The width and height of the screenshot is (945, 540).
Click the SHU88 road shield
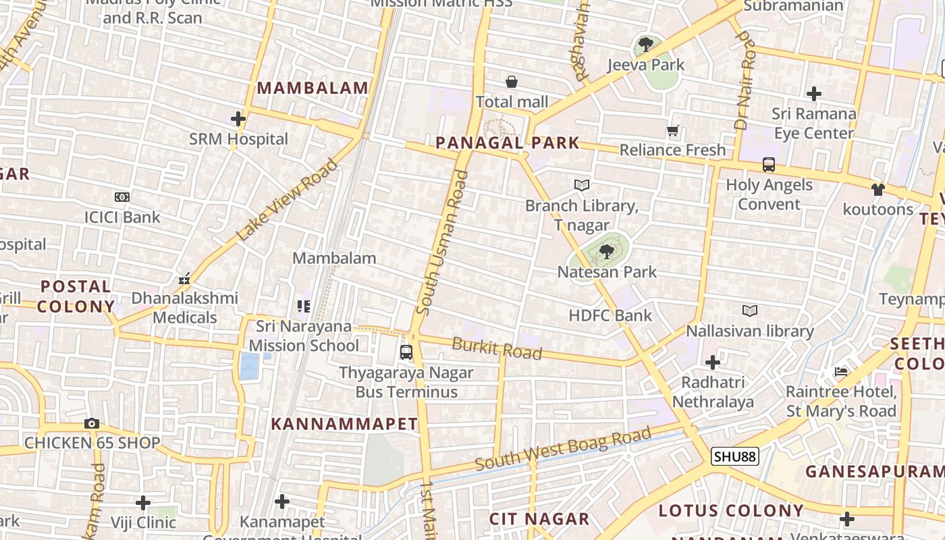coord(734,456)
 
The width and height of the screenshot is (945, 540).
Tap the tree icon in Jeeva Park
coord(646,45)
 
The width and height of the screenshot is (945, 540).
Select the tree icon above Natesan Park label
coord(606,252)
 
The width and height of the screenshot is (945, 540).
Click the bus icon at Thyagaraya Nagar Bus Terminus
coord(406,352)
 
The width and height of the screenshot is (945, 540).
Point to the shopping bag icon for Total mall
coord(512,82)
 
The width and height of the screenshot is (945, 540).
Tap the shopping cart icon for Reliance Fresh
coord(672,130)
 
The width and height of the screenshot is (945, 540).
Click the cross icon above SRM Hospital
coord(238,119)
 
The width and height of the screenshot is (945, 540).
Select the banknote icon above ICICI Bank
coord(122,197)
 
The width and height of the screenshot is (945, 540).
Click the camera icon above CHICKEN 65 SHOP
coord(92,423)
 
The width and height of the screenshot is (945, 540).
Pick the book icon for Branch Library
coord(581,185)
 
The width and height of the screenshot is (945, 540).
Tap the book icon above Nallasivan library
coord(749,310)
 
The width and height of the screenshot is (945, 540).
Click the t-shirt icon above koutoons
coord(878,189)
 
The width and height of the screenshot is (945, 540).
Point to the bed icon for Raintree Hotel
coord(840,371)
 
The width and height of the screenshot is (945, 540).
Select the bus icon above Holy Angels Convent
coord(768,164)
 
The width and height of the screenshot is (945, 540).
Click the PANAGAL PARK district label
coord(508,142)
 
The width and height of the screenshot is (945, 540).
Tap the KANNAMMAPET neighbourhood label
coord(344,424)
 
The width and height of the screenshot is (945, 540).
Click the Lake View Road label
coord(287,200)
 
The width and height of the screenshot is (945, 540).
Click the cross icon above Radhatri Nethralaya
coord(712,362)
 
